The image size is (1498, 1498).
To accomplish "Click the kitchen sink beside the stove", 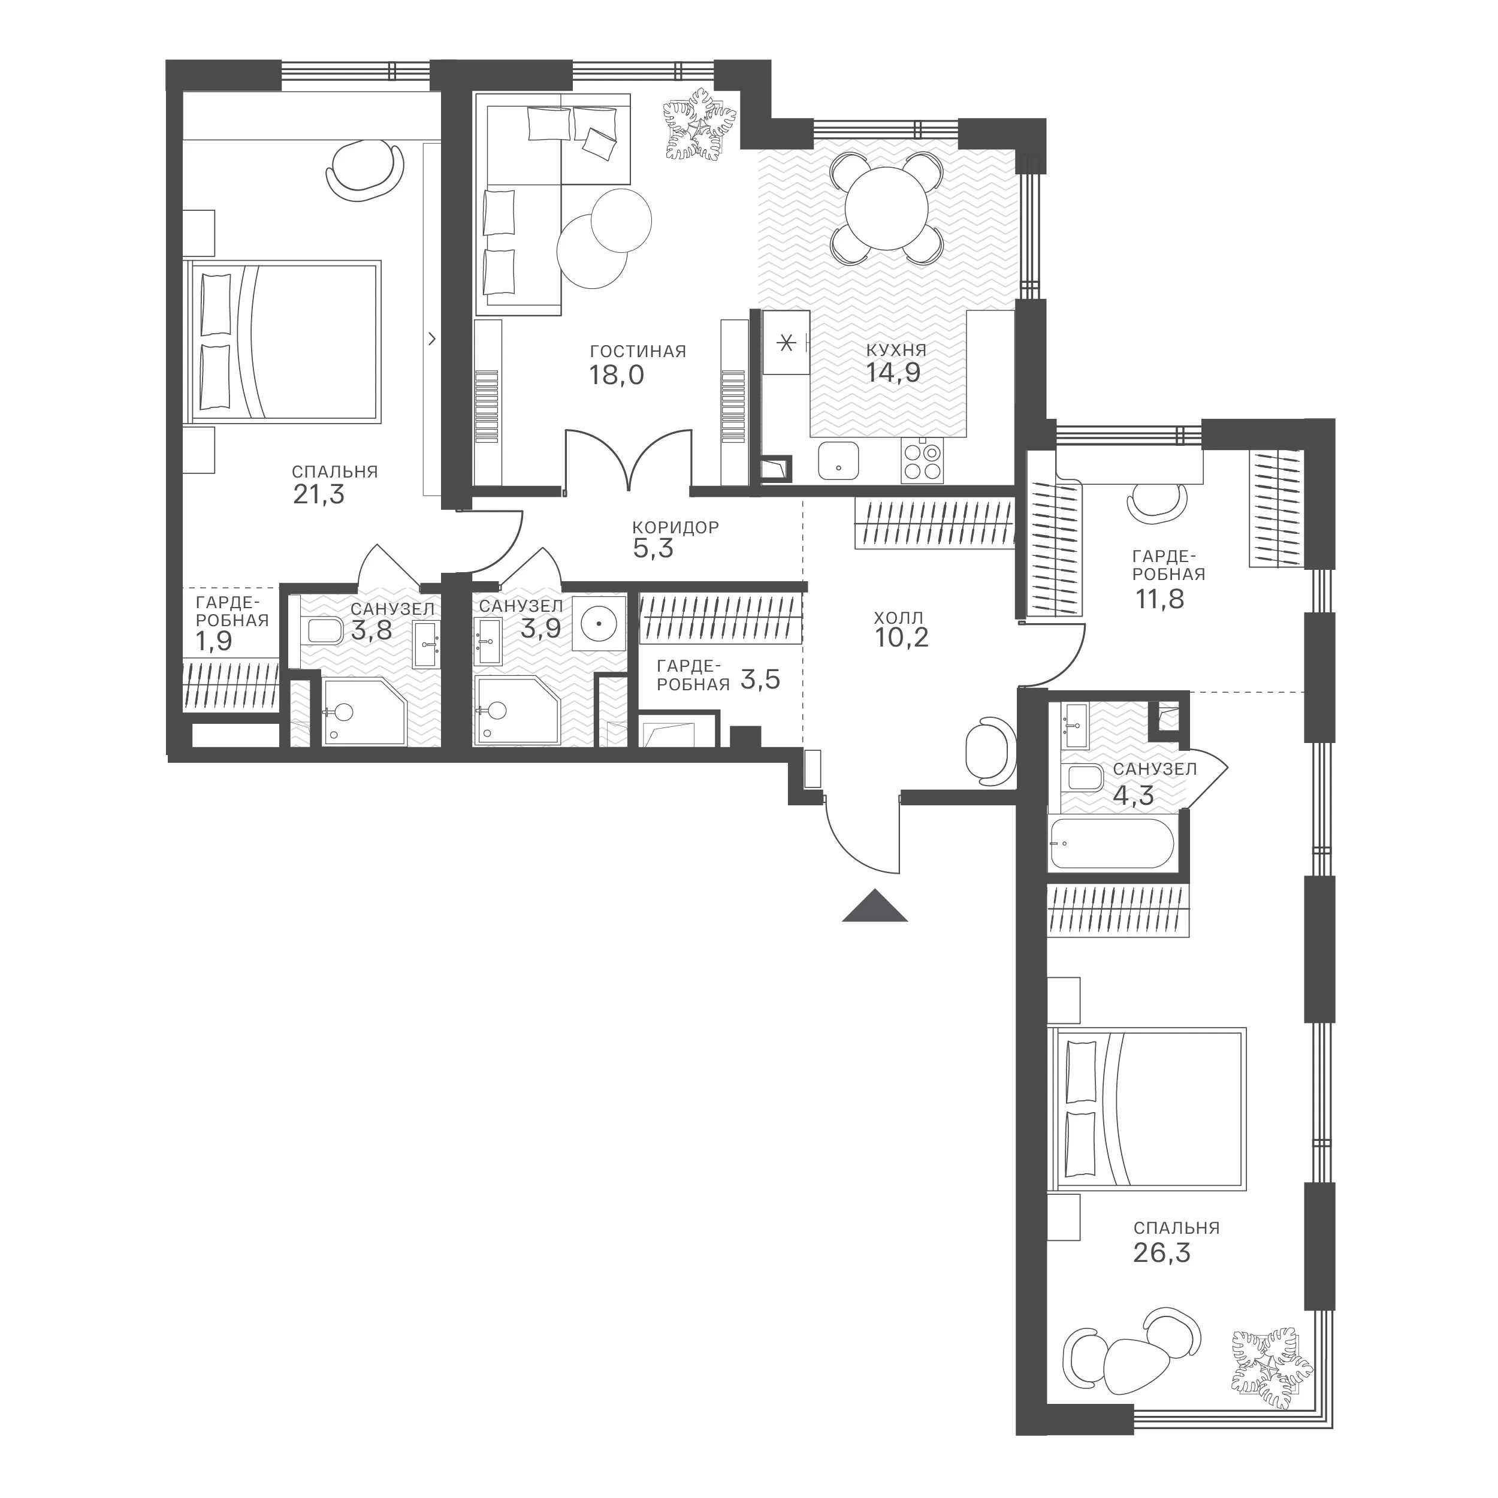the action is tap(838, 462).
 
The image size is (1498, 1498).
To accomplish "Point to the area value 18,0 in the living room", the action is tap(617, 375).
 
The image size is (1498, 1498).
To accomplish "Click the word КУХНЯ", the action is tap(896, 350).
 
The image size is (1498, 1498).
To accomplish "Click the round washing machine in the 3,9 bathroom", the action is tap(599, 623).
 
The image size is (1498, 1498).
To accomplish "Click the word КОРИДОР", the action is tap(676, 527).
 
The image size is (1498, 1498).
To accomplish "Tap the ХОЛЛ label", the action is tap(899, 618).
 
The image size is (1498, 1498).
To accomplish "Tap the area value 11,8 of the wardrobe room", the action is tap(1160, 599).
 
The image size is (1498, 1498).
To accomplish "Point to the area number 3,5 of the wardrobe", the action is tap(760, 680).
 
